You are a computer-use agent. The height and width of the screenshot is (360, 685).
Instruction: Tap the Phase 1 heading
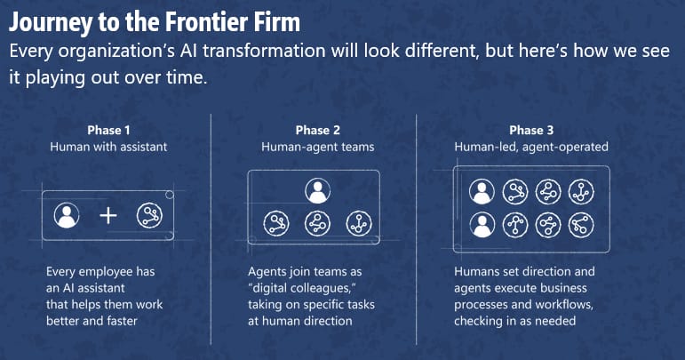pyautogui.click(x=108, y=130)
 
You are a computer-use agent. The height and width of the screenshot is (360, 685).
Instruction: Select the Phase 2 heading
pyautogui.click(x=317, y=130)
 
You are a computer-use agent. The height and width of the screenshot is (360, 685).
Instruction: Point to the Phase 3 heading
pyautogui.click(x=531, y=130)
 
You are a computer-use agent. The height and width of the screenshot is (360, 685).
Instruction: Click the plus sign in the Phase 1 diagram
pyautogui.click(x=108, y=216)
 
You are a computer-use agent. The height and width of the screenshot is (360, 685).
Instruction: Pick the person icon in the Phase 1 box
pyautogui.click(x=67, y=215)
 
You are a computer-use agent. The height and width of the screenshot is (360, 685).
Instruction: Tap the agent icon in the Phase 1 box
pyautogui.click(x=149, y=215)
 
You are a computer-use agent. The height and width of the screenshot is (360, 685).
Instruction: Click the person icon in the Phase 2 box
pyautogui.click(x=317, y=191)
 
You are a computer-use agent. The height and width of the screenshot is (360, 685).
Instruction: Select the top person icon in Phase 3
pyautogui.click(x=482, y=191)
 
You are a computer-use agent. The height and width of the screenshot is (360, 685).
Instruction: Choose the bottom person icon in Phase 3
pyautogui.click(x=482, y=225)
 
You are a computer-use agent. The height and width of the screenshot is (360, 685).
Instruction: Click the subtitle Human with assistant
pyautogui.click(x=108, y=147)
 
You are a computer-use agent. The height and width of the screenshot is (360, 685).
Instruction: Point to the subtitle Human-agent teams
pyautogui.click(x=317, y=147)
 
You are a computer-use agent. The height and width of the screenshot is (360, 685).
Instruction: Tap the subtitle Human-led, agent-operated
pyautogui.click(x=531, y=147)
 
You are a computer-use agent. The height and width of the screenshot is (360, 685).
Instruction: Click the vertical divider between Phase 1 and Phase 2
pyautogui.click(x=211, y=229)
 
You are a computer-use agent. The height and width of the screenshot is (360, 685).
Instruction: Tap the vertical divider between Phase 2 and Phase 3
pyautogui.click(x=417, y=229)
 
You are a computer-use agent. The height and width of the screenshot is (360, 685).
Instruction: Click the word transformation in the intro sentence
pyautogui.click(x=264, y=51)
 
